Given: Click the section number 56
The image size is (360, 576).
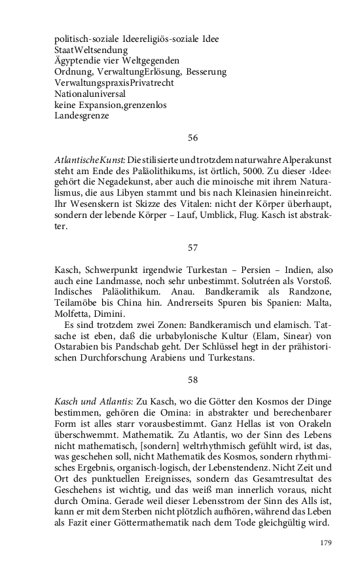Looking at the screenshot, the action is coord(192,137).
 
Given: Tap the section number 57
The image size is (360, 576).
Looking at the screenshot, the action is coord(192,248).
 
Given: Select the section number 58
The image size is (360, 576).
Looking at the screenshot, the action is coord(192,379).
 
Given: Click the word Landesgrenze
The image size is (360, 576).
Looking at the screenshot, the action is coord(82,116).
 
